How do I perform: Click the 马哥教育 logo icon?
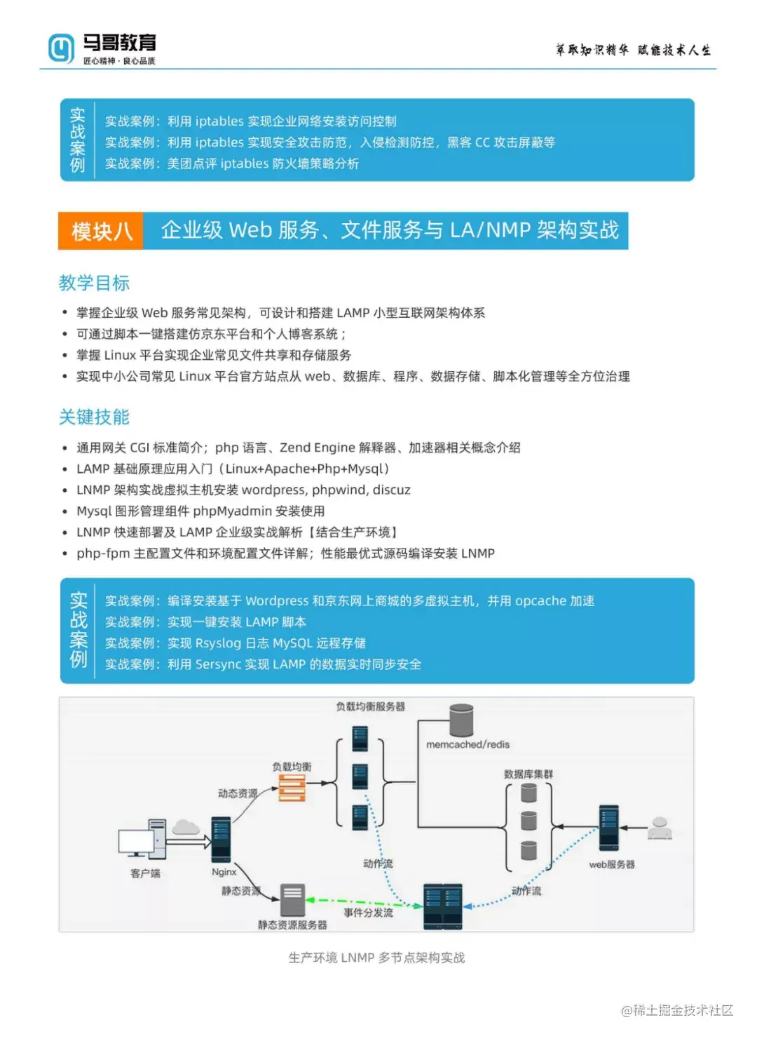(x=60, y=48)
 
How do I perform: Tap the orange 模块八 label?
(x=102, y=231)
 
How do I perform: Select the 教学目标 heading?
(x=94, y=283)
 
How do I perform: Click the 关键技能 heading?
(x=94, y=417)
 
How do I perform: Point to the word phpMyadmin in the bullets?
(x=232, y=511)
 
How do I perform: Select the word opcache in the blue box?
(x=540, y=600)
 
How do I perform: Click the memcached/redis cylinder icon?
(x=461, y=720)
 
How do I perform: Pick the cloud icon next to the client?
(x=186, y=827)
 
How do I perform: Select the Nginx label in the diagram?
(x=224, y=872)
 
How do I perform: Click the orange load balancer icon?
(x=292, y=788)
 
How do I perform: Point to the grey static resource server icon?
(x=293, y=899)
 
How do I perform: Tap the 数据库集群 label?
(x=528, y=774)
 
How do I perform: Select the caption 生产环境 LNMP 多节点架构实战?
(x=376, y=958)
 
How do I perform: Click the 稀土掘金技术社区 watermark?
(x=677, y=1010)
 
